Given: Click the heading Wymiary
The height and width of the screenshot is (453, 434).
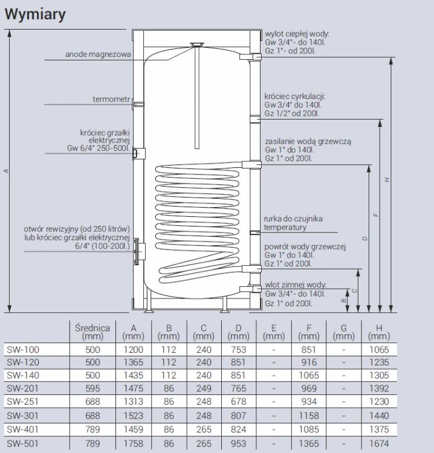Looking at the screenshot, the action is (x=35, y=14).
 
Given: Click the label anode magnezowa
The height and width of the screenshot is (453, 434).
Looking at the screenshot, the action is (x=98, y=54).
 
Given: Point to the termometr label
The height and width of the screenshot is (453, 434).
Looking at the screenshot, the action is (x=111, y=99).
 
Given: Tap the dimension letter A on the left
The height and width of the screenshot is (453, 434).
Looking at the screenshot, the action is (x=6, y=171).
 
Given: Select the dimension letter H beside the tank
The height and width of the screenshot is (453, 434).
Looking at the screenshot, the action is (x=387, y=179).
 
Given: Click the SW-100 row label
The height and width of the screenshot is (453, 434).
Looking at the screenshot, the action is (x=23, y=350).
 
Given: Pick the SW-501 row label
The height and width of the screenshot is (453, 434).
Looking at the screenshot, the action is (x=22, y=443).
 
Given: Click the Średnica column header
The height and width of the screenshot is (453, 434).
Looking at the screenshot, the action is (x=92, y=332).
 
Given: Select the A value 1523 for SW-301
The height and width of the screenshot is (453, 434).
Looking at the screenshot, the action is (x=134, y=416).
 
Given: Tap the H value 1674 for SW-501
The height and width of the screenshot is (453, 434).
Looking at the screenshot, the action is (x=379, y=443).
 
